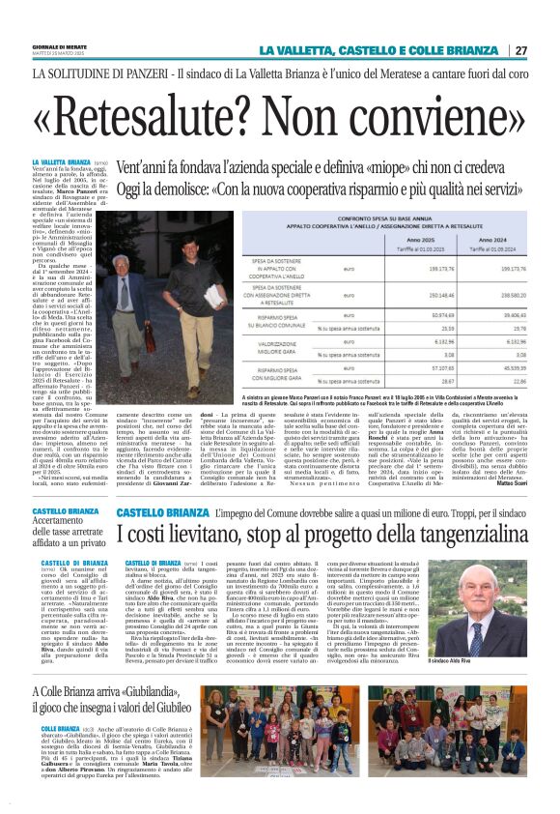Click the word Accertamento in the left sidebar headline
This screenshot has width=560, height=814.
pos(67,521)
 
